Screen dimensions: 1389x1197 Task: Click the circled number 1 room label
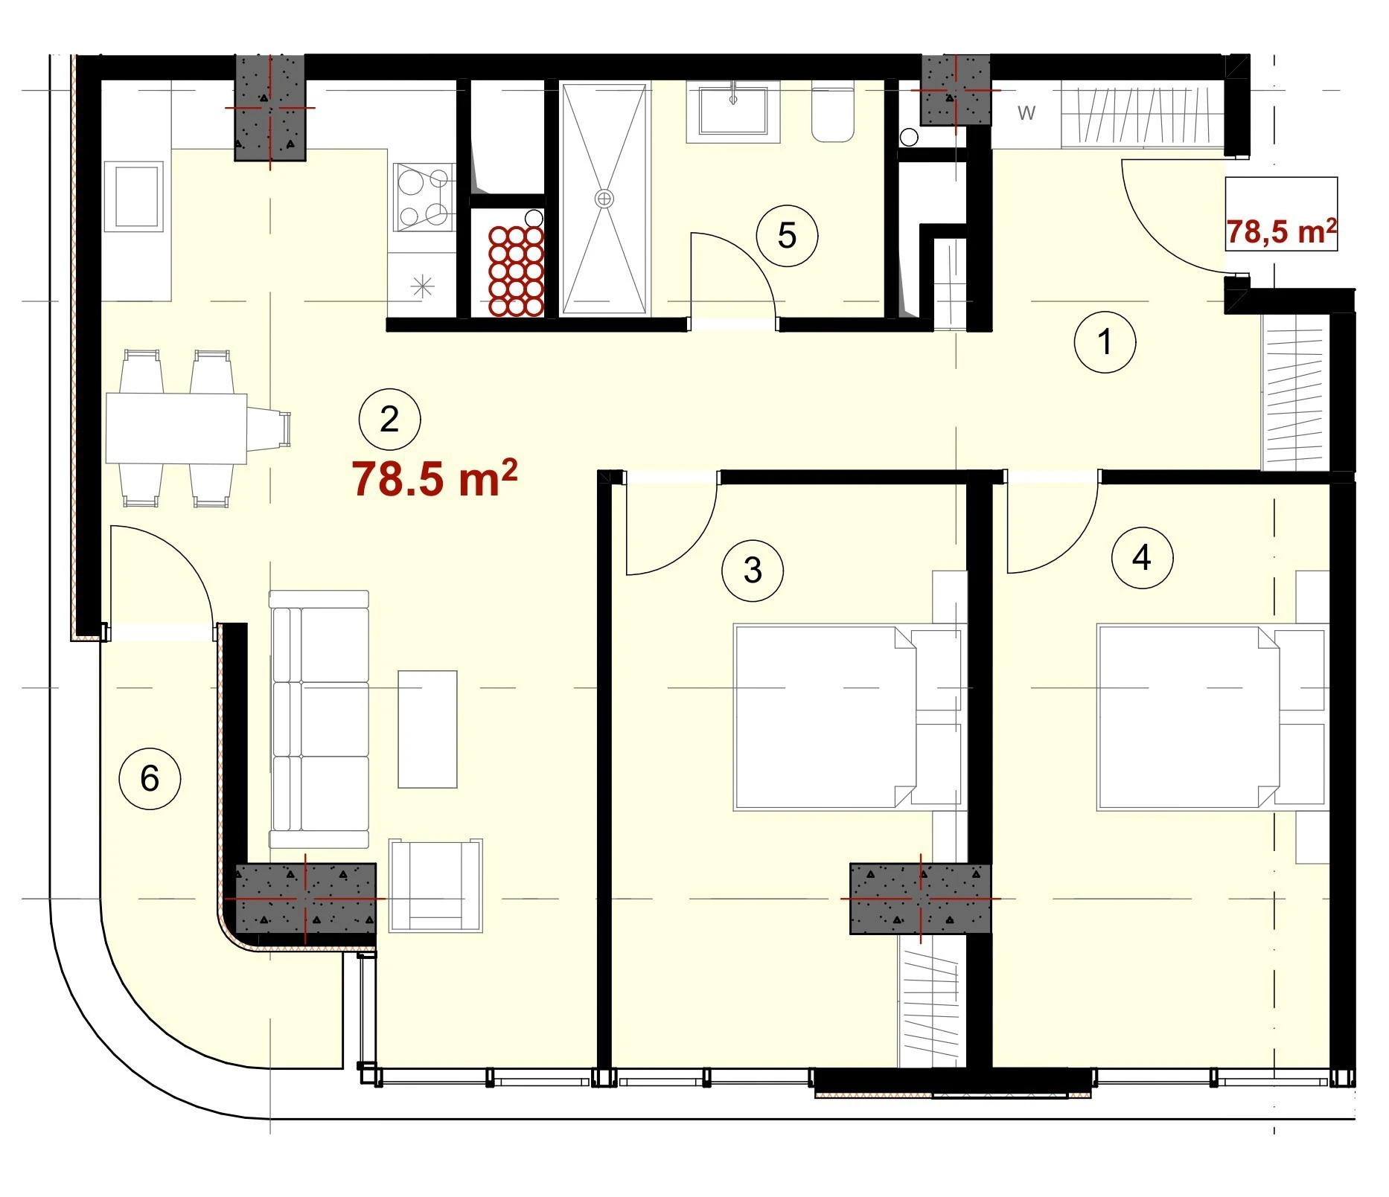pos(1105,342)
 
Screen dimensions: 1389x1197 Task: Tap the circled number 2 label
pos(389,420)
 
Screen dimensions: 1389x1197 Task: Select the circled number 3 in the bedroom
pos(753,571)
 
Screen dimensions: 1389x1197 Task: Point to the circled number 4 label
pos(1142,557)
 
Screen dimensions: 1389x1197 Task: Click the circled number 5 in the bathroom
pos(787,236)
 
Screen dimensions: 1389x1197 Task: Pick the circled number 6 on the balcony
pos(150,779)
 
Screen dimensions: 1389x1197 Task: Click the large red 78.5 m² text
pos(435,478)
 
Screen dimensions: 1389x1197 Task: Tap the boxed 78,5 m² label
pos(1281,231)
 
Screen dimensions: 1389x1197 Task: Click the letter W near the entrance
pos(1026,113)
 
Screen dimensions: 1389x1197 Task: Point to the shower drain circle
pos(604,199)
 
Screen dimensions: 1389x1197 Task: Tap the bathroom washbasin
pos(732,112)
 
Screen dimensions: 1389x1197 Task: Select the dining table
pos(176,429)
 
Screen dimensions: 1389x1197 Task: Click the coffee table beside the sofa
pos(427,729)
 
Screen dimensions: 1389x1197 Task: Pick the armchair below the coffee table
pos(435,885)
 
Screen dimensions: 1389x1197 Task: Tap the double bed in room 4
pos(1212,718)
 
